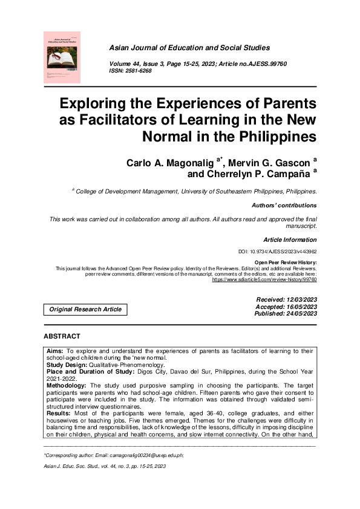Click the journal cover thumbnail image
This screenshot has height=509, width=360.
pos(62,57)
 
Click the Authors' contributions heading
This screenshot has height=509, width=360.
pos(284,206)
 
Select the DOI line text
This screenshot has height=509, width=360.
pos(278,251)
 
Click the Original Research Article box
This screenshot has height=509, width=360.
pos(85,310)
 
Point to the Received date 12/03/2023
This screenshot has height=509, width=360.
pos(301,300)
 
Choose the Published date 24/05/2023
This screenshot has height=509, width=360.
pos(301,314)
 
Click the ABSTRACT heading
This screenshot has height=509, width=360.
pos(62,336)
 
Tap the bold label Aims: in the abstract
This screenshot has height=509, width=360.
pos(55,351)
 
